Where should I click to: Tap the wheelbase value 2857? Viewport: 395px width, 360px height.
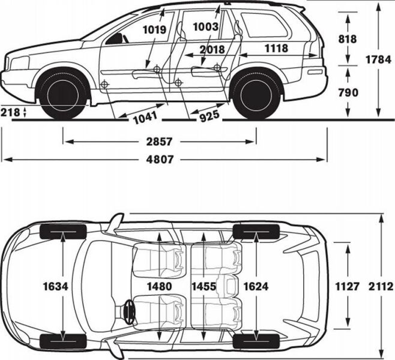click(x=160, y=142)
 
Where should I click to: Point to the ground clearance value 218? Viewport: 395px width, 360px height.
click(x=11, y=112)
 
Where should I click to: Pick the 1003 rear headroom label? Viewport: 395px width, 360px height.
click(x=206, y=27)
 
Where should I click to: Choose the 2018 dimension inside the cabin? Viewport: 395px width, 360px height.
click(x=213, y=49)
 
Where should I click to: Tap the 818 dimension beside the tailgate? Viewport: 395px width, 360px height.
click(x=347, y=39)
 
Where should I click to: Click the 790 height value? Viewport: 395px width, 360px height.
click(x=347, y=92)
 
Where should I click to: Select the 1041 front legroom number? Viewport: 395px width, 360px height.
click(x=145, y=118)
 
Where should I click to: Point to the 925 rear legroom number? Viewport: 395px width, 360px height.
click(x=209, y=115)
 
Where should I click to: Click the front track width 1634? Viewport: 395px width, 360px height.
click(x=56, y=287)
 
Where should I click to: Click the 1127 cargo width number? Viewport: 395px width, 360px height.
click(x=347, y=287)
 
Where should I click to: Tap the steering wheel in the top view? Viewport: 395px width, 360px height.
click(x=127, y=311)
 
